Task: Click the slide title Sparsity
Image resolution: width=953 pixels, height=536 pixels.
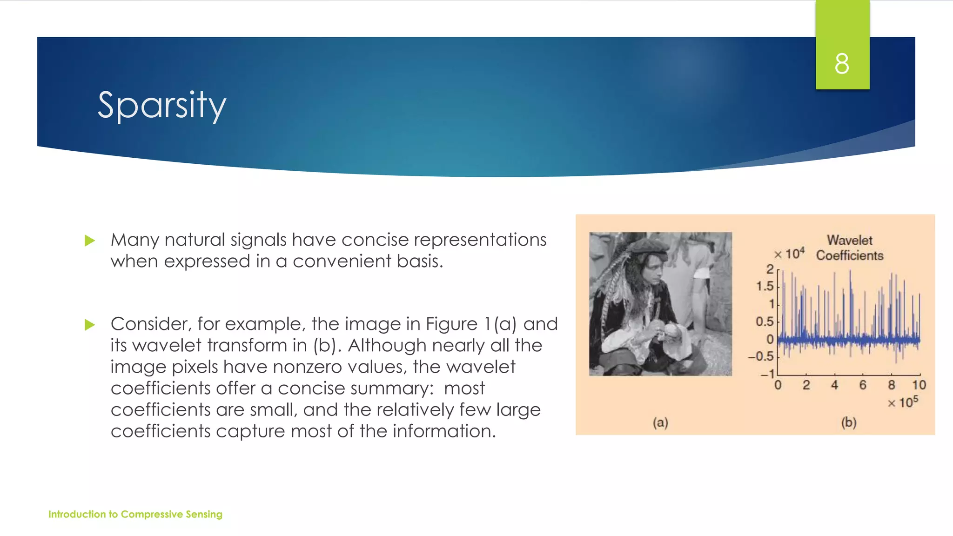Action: [x=161, y=106]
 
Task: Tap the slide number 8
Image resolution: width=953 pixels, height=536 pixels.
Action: [x=842, y=64]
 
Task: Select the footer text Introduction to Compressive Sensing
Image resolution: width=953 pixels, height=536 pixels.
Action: [x=135, y=514]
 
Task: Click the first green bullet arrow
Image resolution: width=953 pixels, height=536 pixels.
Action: [x=90, y=241]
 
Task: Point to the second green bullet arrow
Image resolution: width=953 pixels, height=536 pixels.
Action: [x=90, y=324]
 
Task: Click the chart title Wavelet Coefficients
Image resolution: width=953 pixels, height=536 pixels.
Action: [x=850, y=248]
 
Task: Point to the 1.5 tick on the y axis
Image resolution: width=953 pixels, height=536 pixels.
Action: [x=765, y=286]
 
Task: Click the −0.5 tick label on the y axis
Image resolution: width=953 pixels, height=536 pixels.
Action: [x=760, y=356]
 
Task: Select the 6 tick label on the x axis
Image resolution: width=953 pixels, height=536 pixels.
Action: [x=863, y=385]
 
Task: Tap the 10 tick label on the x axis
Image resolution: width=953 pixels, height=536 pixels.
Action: [x=919, y=385]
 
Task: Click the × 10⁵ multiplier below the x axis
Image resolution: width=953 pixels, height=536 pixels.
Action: [x=903, y=402]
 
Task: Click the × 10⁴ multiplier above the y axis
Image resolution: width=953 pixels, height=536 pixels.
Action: [x=789, y=254]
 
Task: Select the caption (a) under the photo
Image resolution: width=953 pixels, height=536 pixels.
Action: [x=660, y=422]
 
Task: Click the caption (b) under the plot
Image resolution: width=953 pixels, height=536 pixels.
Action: [x=849, y=422]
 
